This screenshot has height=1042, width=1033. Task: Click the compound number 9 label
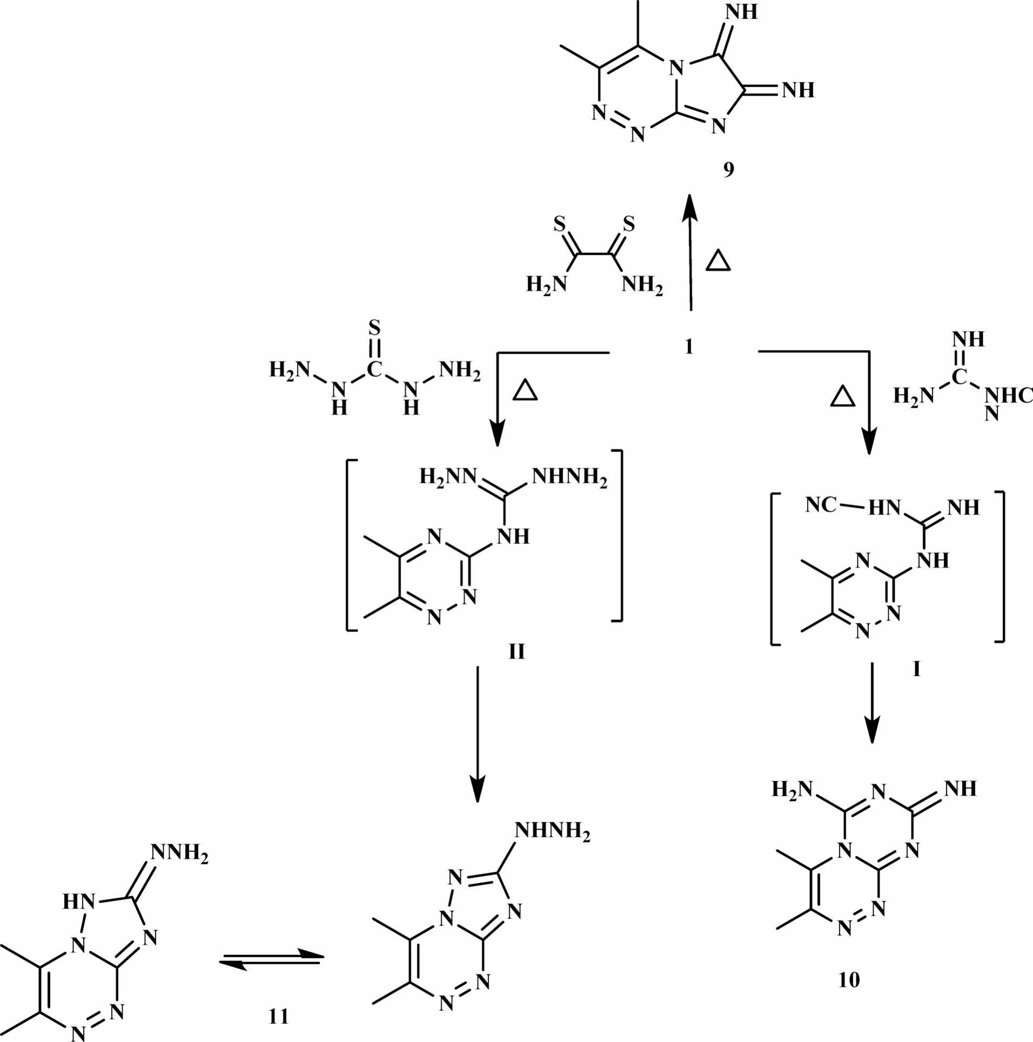[728, 170]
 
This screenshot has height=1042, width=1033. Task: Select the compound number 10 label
[849, 980]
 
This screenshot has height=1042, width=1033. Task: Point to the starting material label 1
[688, 346]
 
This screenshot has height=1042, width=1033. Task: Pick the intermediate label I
[916, 670]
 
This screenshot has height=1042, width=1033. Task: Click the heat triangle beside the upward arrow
[718, 261]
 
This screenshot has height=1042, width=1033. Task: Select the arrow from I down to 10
[872, 702]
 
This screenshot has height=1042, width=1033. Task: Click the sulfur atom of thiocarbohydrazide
[374, 327]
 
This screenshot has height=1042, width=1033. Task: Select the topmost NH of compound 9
[742, 12]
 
